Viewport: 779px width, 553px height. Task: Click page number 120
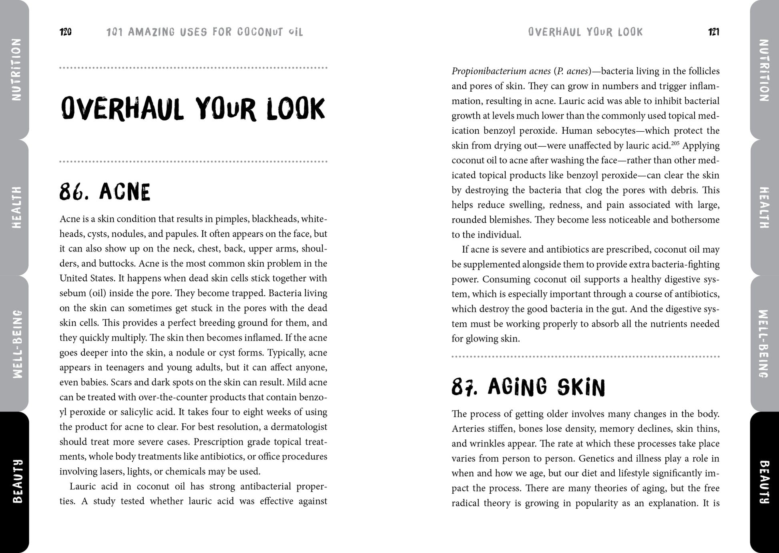pos(66,32)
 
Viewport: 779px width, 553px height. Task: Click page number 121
pos(713,32)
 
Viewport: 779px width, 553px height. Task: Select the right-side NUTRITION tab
pos(763,70)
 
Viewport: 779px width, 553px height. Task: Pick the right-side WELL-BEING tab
pos(763,344)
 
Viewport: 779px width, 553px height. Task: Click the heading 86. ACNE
pos(105,192)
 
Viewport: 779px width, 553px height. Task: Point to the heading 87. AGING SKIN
pos(528,387)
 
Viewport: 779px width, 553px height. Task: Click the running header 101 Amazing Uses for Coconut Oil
pos(205,32)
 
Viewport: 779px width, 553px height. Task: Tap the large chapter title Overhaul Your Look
pos(193,109)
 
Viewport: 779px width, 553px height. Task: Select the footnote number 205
pos(676,143)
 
